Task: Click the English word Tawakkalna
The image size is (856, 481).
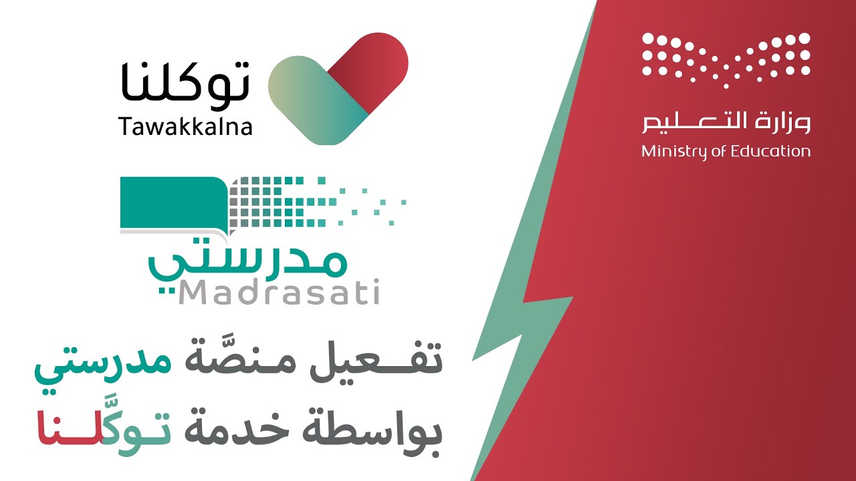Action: (185, 126)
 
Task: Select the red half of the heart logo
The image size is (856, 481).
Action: (368, 71)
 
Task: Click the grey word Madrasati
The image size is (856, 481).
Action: (279, 293)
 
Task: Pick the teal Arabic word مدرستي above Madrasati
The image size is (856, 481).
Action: (247, 261)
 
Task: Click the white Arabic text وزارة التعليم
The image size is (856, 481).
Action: (726, 122)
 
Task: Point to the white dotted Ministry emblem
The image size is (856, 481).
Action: (726, 60)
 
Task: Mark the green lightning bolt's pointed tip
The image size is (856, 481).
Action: (472, 360)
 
